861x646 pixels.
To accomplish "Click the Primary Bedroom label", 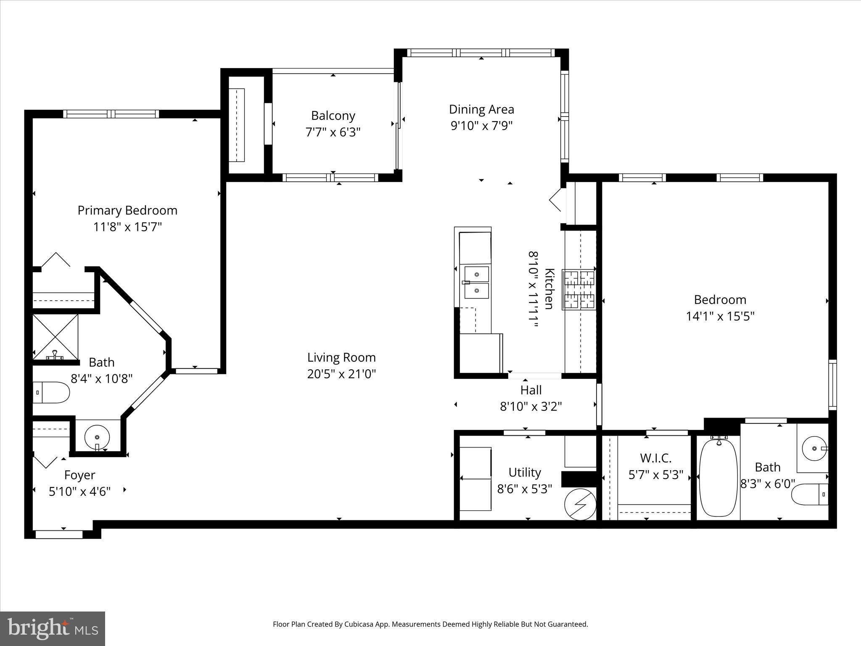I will point(127,210).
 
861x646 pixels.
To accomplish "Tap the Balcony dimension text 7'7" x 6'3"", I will point(333,132).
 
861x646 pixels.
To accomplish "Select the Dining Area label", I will point(481,109).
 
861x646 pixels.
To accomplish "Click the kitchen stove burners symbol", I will point(579,290).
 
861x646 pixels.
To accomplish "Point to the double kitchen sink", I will point(476,282).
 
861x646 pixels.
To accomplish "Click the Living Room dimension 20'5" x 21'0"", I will point(341,374).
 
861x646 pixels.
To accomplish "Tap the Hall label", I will point(531,390).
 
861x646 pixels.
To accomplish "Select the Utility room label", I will point(524,472).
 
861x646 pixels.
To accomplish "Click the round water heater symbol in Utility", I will point(580,504).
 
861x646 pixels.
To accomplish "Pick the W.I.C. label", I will point(655,458).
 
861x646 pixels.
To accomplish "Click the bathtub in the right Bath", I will point(718,477).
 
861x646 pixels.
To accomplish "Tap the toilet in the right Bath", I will point(809,495).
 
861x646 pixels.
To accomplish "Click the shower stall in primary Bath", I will point(55,336).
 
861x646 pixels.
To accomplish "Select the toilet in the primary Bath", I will point(51,392).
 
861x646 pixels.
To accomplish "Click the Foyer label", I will point(79,475).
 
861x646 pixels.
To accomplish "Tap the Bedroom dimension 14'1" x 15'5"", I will point(720,316).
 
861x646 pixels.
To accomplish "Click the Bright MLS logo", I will point(53,628).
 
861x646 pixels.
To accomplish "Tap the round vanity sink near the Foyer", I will point(97,437).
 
